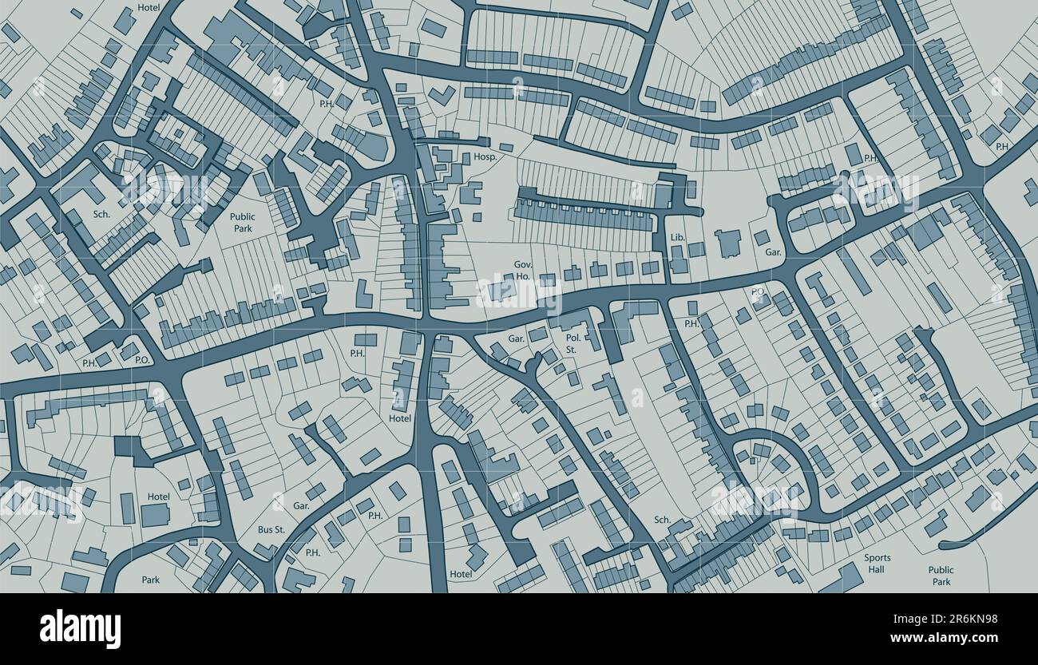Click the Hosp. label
485,157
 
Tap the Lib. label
678,237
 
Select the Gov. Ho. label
522,270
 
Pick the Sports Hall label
877,564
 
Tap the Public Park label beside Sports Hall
941,576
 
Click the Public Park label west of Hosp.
243,222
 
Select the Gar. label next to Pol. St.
517,338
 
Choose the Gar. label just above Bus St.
301,505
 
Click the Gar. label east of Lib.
773,252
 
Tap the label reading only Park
151,580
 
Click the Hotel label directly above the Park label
158,497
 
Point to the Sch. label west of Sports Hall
662,520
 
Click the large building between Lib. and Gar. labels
727,243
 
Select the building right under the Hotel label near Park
156,515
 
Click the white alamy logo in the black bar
80,629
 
